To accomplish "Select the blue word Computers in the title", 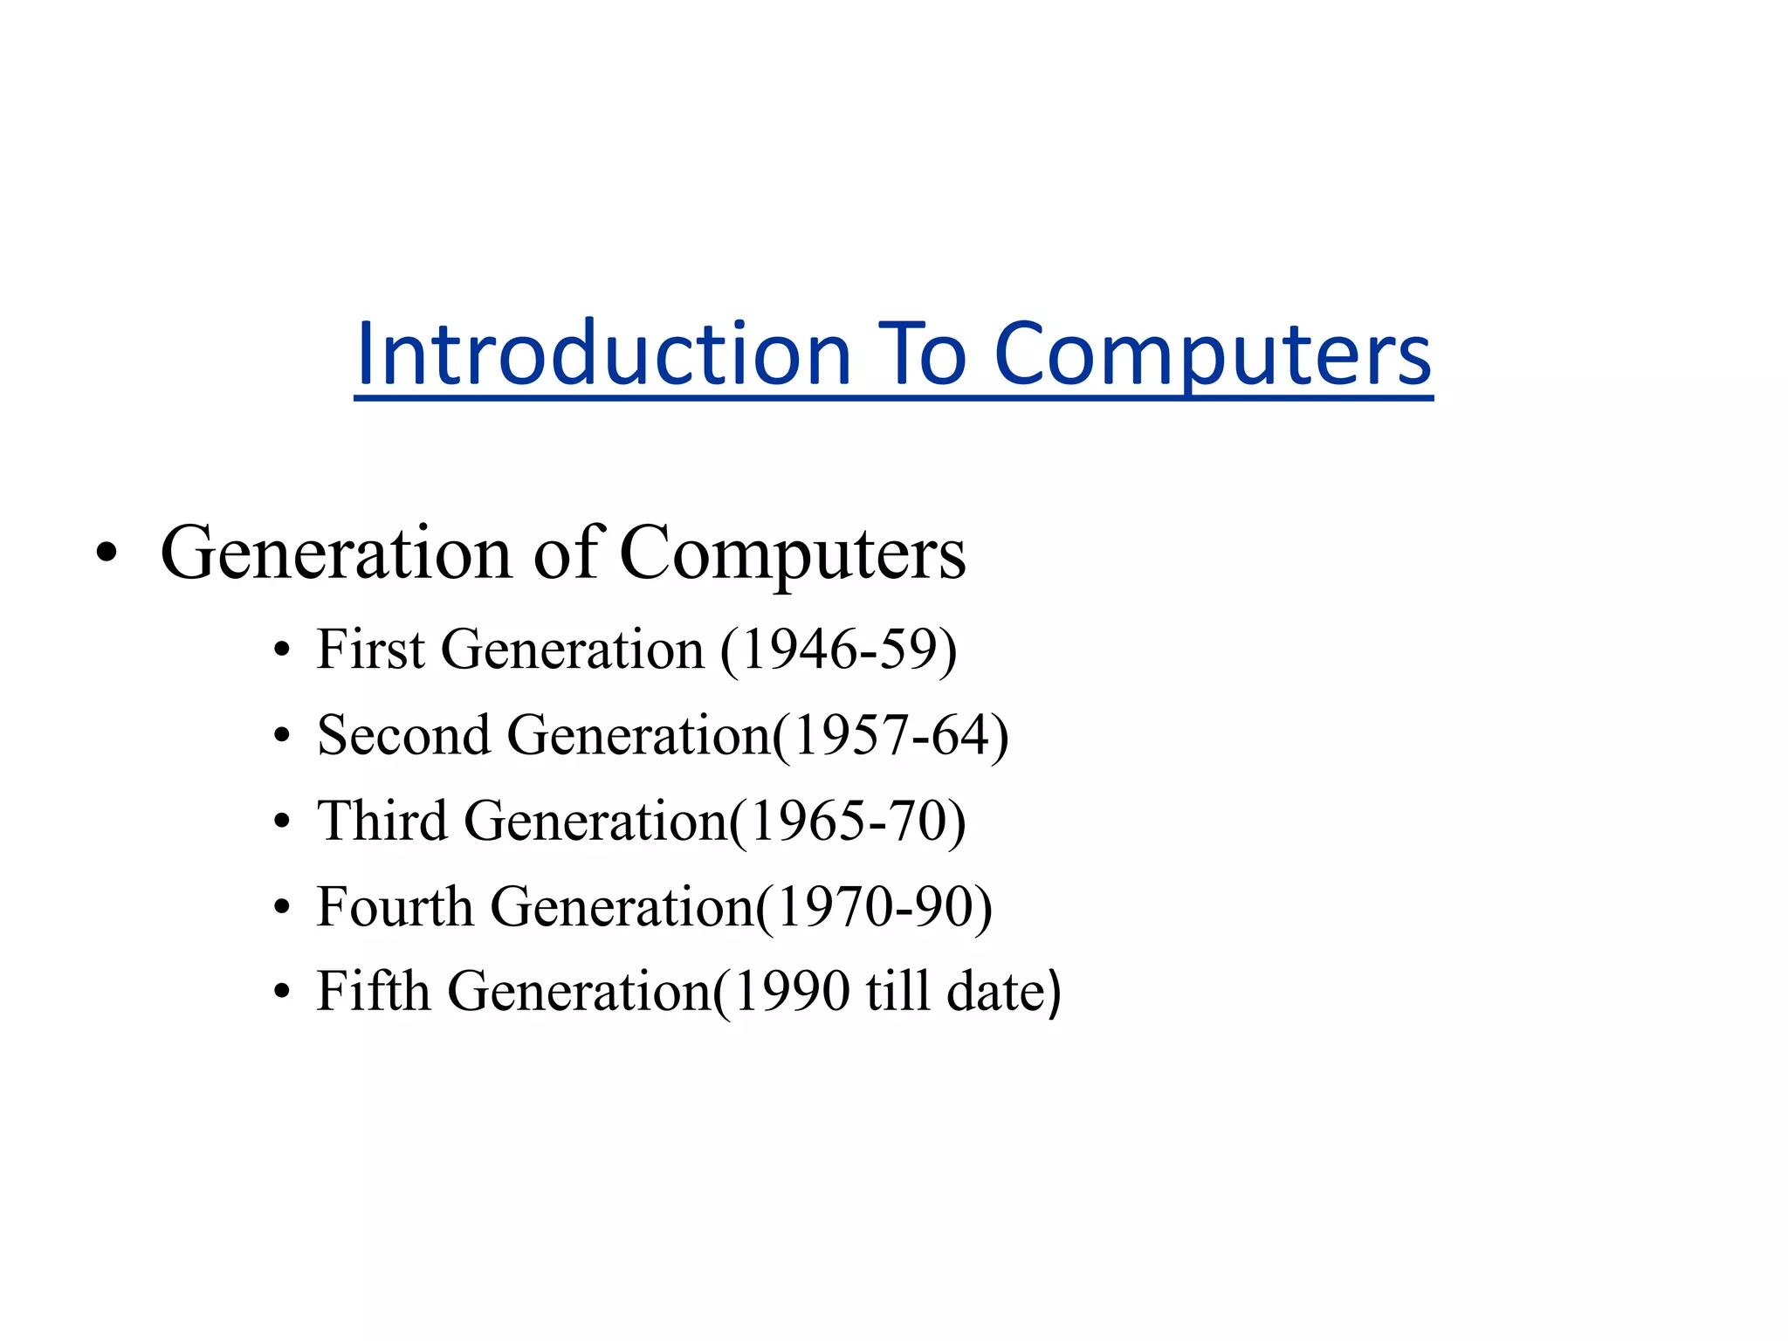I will [1213, 354].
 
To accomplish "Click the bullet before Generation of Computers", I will [107, 554].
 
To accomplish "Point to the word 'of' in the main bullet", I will [565, 554].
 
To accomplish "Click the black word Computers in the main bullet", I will [792, 554].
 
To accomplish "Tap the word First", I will [370, 650].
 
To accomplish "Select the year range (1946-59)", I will [838, 650].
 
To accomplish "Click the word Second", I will [403, 735].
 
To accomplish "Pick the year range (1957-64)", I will [891, 735].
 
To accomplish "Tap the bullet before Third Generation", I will [281, 822].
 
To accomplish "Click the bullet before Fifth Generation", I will [281, 993].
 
